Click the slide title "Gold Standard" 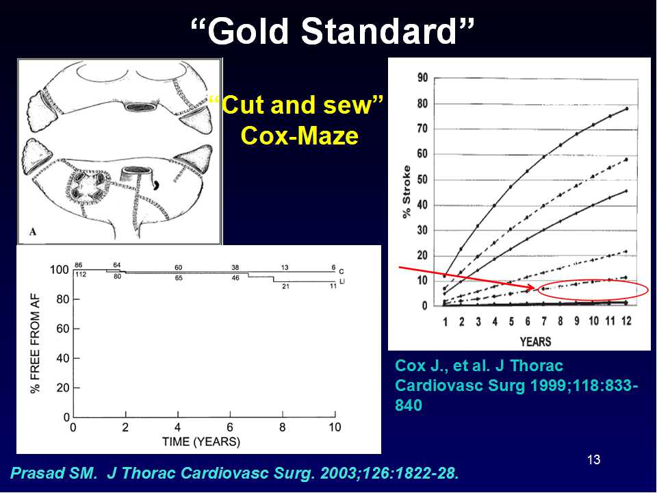(x=333, y=31)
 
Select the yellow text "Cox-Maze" (x=300, y=136)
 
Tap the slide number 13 (x=594, y=460)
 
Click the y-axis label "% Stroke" (x=407, y=192)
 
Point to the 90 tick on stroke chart (x=422, y=78)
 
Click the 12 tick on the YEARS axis (x=626, y=321)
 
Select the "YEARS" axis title (x=535, y=341)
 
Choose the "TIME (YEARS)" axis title (x=201, y=442)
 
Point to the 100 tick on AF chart (x=59, y=270)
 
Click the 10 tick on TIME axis (x=335, y=427)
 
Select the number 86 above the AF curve (x=78, y=265)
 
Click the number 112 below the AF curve (x=81, y=275)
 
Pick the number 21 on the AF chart (x=286, y=286)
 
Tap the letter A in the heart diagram (x=33, y=231)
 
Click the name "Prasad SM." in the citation (x=53, y=473)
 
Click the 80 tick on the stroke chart (x=422, y=103)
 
